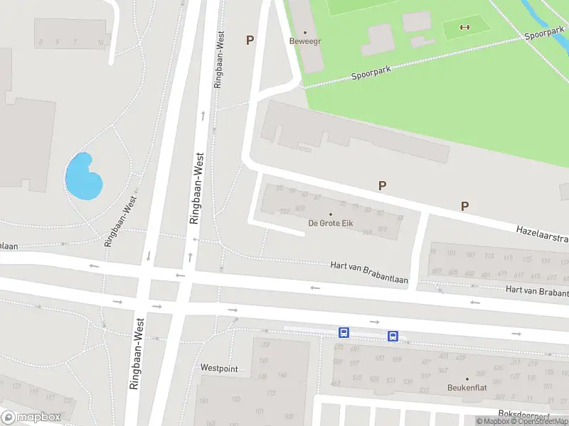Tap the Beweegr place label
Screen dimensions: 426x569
[305, 41]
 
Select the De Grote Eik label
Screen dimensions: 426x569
[331, 224]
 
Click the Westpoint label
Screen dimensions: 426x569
[219, 368]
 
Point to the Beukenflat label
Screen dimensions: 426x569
[467, 388]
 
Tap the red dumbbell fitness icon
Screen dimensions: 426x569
[466, 28]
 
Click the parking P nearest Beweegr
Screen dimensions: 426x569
[250, 40]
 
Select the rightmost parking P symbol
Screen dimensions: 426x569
[464, 207]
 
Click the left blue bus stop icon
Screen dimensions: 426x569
[344, 332]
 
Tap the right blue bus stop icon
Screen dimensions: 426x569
[392, 336]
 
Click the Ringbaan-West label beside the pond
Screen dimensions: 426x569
[120, 221]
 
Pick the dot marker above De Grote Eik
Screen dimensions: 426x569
[331, 214]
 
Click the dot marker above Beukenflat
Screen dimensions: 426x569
[467, 378]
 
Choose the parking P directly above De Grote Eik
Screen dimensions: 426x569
[382, 186]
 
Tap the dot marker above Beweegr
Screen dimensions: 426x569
[305, 32]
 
